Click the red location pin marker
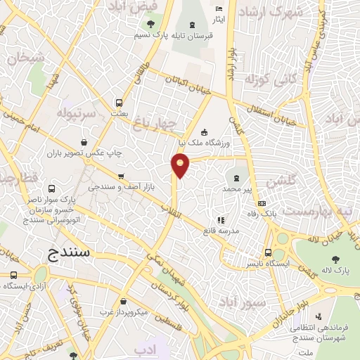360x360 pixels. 181,165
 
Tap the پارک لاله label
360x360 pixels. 337,271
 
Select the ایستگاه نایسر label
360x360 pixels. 261,263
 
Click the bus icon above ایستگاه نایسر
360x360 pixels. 268,252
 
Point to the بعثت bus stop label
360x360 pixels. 120,112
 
